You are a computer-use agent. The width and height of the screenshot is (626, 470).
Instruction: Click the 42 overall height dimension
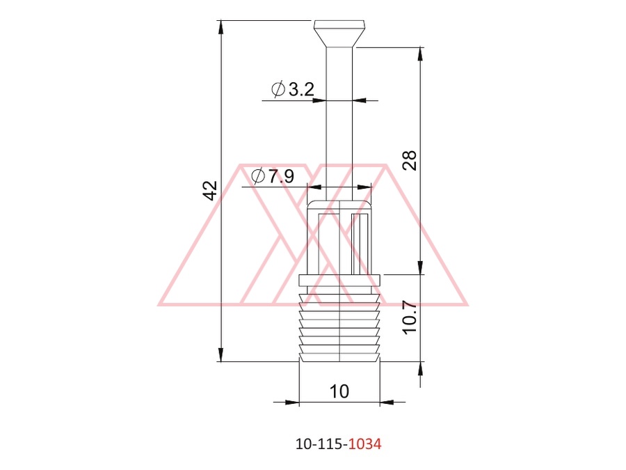click(x=210, y=190)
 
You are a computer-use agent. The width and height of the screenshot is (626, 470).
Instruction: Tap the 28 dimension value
click(x=410, y=161)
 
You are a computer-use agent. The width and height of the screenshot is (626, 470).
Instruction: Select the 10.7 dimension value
click(x=410, y=318)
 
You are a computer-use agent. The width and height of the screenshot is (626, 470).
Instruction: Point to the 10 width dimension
click(x=339, y=391)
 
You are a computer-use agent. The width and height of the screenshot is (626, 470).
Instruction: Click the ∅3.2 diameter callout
click(x=293, y=89)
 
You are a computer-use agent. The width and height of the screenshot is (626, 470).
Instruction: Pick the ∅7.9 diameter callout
click(x=273, y=175)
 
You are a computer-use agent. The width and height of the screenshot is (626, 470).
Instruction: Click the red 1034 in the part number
click(x=365, y=444)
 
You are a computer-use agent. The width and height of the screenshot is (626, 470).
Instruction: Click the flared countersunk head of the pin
click(x=339, y=33)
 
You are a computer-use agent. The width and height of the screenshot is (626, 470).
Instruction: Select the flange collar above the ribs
click(x=339, y=280)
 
